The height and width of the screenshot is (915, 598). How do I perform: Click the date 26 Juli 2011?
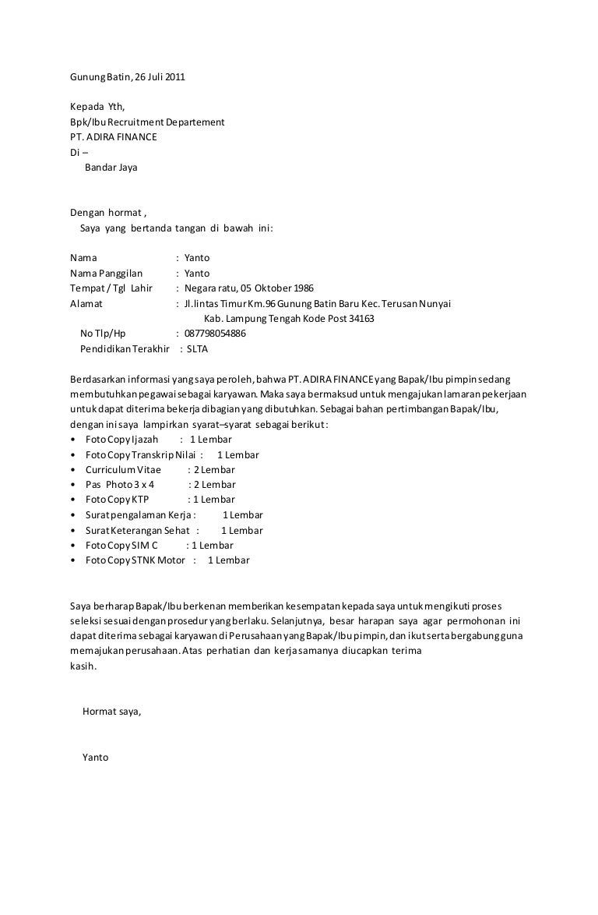coord(160,76)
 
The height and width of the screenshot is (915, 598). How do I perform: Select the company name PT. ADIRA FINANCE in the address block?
coord(113,137)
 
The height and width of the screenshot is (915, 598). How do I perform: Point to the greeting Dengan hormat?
coord(106,212)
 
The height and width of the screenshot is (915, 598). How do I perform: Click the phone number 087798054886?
coord(215,334)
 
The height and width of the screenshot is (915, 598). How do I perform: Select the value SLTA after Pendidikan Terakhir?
coord(198,349)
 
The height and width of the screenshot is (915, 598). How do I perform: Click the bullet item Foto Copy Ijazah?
coord(116,440)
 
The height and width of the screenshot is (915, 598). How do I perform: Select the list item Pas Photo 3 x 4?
coord(120,485)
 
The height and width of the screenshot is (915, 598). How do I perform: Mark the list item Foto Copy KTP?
coord(116,500)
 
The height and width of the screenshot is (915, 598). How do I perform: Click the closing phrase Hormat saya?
coord(111,712)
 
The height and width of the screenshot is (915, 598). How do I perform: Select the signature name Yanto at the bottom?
coord(95,758)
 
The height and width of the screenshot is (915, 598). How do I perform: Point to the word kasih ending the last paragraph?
coord(83,666)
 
